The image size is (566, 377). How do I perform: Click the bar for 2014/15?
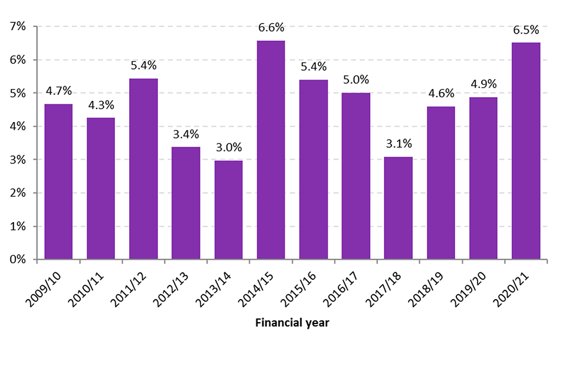(271, 150)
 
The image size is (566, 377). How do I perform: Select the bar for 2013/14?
(228, 210)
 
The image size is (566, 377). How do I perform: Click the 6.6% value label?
(271, 28)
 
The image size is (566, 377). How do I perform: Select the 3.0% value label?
(228, 147)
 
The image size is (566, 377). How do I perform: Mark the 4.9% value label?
(483, 84)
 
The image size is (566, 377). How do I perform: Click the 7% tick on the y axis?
(18, 27)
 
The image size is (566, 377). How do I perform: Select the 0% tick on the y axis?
(18, 259)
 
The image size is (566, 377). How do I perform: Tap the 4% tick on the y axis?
(18, 126)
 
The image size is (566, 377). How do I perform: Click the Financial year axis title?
(292, 323)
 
